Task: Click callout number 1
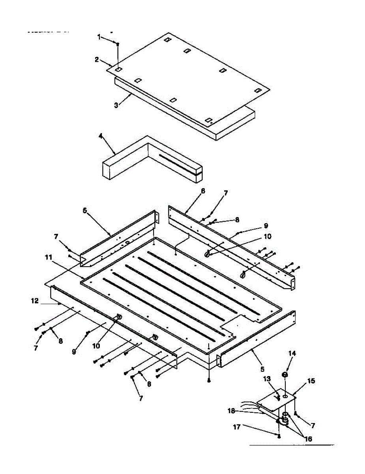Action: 99,37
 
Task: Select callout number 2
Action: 97,60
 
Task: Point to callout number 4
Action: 101,135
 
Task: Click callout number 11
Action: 48,257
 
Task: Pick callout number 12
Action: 35,301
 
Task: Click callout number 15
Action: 311,381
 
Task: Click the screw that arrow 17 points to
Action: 279,436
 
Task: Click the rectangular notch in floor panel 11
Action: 232,322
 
